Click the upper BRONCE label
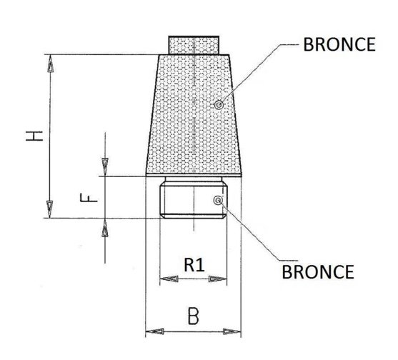[339, 45]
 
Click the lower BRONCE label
[318, 272]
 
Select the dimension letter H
[34, 136]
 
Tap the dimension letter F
[89, 198]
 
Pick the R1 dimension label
[194, 265]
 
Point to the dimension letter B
[194, 316]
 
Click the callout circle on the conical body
[219, 104]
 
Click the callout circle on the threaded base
[218, 201]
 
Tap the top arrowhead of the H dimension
[51, 64]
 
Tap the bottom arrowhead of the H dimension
[50, 209]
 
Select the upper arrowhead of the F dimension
[105, 166]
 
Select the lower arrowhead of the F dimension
[105, 228]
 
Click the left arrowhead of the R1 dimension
[169, 279]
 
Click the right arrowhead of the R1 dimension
[217, 279]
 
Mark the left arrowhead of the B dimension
[155, 331]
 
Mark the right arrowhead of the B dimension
[232, 331]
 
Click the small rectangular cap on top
[194, 45]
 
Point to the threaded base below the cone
[194, 201]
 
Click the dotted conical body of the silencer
[194, 115]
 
